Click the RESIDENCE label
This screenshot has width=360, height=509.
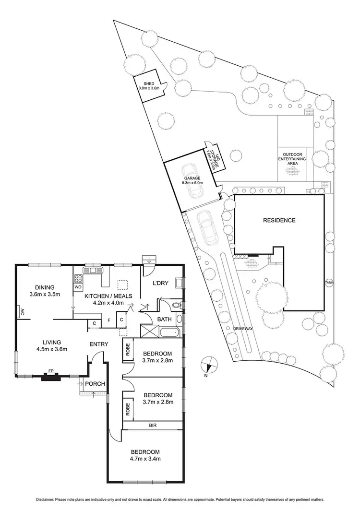(x=278, y=221)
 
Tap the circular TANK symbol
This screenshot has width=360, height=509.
(x=329, y=282)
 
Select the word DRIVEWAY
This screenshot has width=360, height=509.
(x=242, y=329)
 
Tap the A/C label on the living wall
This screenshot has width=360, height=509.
(x=22, y=312)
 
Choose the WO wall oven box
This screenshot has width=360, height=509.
(x=78, y=287)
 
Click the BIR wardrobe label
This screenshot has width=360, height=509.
(x=153, y=425)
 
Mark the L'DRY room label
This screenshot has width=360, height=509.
(x=160, y=283)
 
